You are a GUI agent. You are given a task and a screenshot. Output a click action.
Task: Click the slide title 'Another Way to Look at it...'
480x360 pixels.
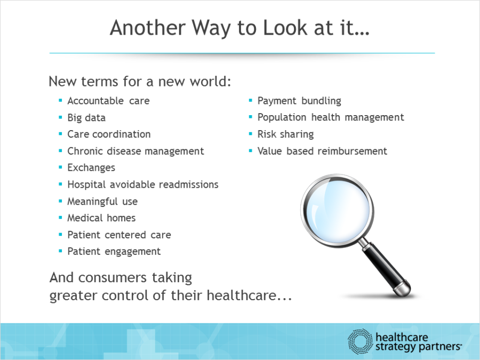[x=239, y=28]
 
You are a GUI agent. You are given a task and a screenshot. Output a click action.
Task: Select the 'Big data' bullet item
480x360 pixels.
[x=86, y=118]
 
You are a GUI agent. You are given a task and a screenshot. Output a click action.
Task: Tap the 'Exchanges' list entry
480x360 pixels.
[x=91, y=168]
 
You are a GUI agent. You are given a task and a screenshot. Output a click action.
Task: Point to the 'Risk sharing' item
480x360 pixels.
[x=286, y=134]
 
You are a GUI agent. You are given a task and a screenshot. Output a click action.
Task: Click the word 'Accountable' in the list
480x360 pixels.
[x=95, y=101]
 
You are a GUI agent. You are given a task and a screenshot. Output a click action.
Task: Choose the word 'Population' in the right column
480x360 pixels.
[x=282, y=117]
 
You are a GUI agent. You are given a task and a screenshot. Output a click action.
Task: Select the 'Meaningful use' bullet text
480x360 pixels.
[x=102, y=202]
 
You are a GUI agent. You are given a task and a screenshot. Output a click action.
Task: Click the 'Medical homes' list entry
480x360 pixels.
[x=101, y=218]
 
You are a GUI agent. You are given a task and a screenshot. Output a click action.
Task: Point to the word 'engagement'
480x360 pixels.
[x=133, y=252]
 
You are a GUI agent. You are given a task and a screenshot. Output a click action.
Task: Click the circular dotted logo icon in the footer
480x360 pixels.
[x=361, y=341]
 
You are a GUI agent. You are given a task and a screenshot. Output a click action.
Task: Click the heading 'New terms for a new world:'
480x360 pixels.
[x=140, y=82]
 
